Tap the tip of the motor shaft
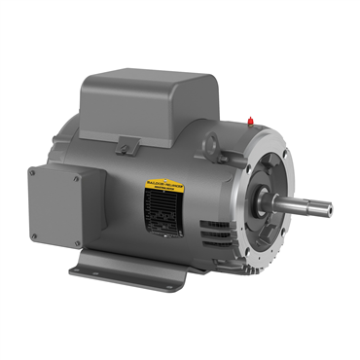pos(328,207)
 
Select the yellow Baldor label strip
pos(168,181)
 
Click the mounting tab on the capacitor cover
pos(127,146)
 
